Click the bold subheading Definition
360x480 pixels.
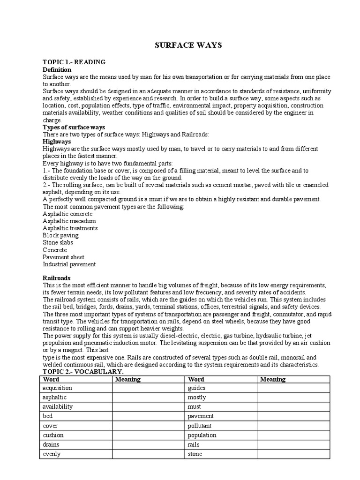pos(57,69)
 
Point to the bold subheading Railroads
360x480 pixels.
pos(57,277)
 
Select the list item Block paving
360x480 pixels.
pos(60,235)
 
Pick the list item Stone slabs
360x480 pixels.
pos(58,242)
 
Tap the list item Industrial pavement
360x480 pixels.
pos(69,264)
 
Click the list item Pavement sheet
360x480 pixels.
pos(63,257)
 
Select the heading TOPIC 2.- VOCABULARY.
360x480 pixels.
pos(83,372)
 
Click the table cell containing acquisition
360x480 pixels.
pos(75,388)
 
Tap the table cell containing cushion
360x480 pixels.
pos(75,435)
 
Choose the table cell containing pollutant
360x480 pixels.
pos(220,426)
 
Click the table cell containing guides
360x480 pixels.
pos(220,388)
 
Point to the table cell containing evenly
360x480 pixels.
pos(75,454)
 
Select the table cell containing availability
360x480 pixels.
pos(75,407)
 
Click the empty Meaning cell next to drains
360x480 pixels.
pos(148,444)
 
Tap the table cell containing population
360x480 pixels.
pos(220,435)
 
